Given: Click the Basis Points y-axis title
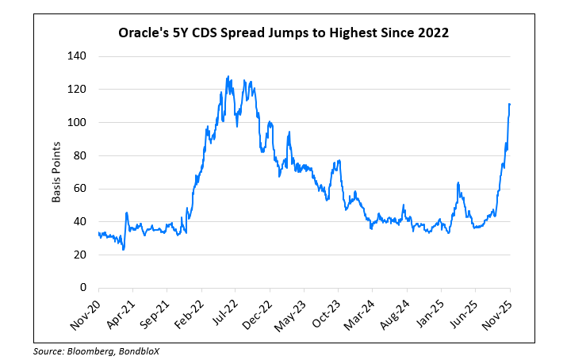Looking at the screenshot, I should [x=56, y=172].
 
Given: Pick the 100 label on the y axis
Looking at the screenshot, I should [x=77, y=123].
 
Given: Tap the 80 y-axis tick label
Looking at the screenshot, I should [x=79, y=155].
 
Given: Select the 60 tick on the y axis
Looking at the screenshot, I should [x=79, y=189].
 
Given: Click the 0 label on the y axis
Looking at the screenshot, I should [x=82, y=287].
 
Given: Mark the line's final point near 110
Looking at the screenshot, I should [x=509, y=104].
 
